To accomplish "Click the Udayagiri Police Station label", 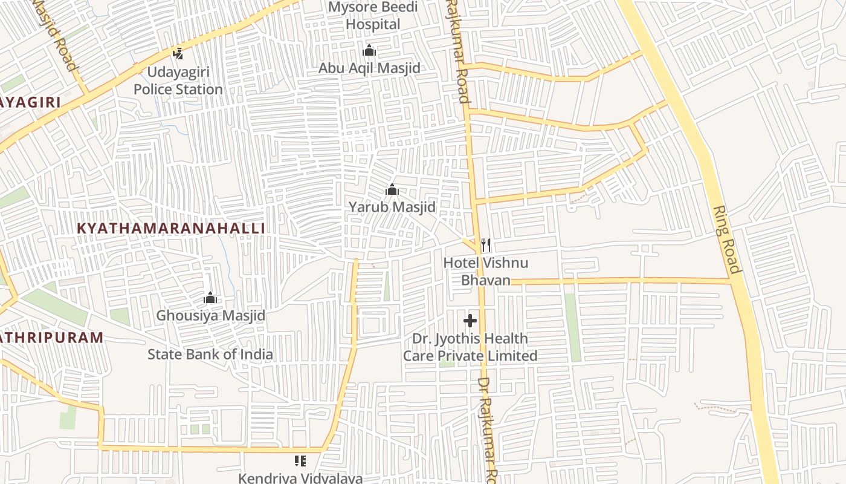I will [x=178, y=81].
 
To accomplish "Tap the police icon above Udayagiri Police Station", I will [x=178, y=53].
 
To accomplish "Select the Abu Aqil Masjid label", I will [x=369, y=68].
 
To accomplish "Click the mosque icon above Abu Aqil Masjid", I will [x=369, y=50].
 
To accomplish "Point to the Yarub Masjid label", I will [x=392, y=207].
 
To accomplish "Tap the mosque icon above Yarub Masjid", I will [x=392, y=190].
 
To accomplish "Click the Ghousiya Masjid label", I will [x=210, y=315].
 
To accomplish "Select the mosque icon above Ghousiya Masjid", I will [x=210, y=298].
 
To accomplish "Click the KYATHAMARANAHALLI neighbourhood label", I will [x=172, y=228].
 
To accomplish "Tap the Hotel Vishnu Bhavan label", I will [x=486, y=271].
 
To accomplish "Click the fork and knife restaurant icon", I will [x=485, y=245].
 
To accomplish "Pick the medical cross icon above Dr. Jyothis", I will [x=470, y=321].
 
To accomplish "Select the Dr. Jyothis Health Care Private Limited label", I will [x=470, y=347].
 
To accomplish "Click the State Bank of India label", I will [x=210, y=354].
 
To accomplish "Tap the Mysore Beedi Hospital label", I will [x=373, y=16].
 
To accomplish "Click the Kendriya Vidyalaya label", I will [x=300, y=478].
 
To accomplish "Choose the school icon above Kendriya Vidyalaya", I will [x=300, y=461].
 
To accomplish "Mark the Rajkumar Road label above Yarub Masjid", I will [x=457, y=51].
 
